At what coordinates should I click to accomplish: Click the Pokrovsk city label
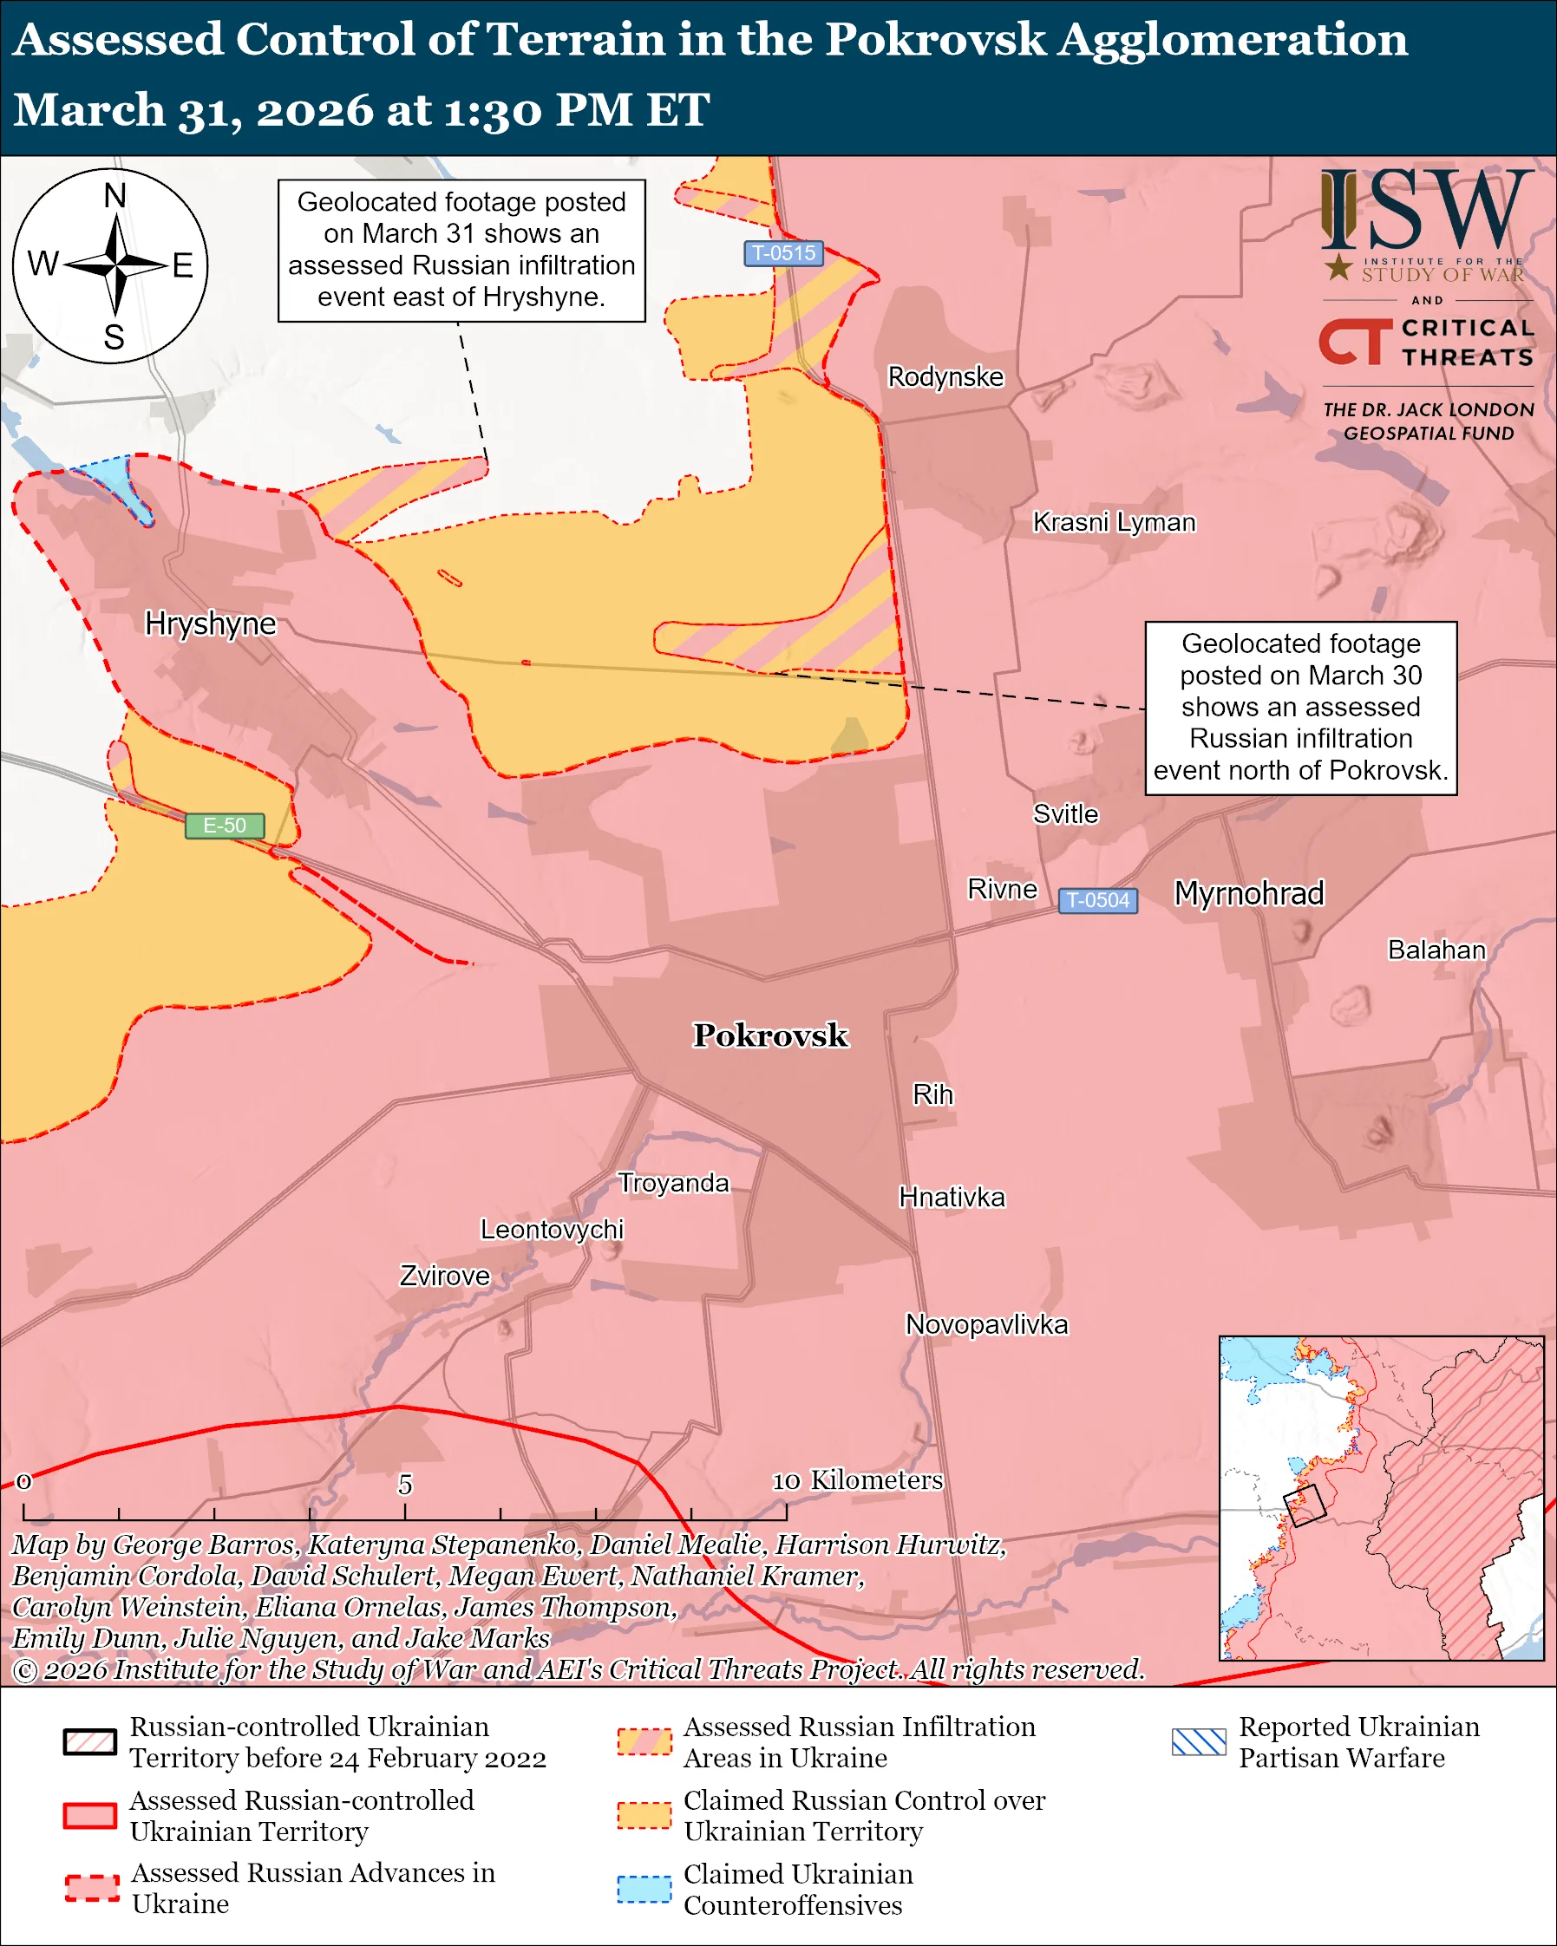[770, 1035]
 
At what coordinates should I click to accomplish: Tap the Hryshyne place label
[210, 624]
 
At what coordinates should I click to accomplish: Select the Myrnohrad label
[1248, 893]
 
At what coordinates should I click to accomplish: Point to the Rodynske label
[945, 376]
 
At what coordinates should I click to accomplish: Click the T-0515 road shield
[783, 253]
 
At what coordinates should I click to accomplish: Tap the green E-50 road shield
[225, 826]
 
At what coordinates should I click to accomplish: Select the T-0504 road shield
[1096, 901]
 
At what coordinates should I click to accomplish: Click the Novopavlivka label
[985, 1325]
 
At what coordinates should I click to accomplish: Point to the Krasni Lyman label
[1113, 523]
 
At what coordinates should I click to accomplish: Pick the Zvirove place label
[444, 1277]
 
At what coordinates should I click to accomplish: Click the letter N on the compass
[114, 196]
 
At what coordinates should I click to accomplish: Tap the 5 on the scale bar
[405, 1485]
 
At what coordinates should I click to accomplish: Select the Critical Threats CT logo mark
[1355, 342]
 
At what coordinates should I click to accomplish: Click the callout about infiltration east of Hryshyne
[461, 250]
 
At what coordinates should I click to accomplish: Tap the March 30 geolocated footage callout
[1299, 708]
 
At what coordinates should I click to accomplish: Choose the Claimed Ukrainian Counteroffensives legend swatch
[644, 1889]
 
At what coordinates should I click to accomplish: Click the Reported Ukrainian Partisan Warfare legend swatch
[1198, 1742]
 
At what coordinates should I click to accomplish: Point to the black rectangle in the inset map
[1305, 1505]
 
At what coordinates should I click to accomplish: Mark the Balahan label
[1436, 950]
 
